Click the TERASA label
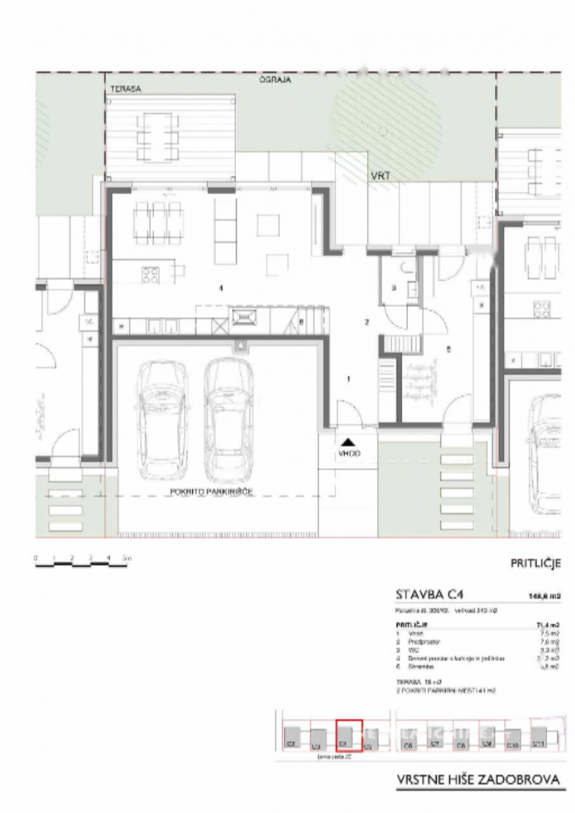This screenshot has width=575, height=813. (x=126, y=90)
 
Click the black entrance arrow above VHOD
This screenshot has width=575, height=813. (x=347, y=441)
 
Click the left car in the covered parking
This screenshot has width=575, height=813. (x=162, y=420)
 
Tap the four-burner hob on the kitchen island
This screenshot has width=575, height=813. (x=150, y=274)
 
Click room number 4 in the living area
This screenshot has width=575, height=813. (x=220, y=288)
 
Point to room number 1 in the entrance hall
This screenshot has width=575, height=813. (x=348, y=379)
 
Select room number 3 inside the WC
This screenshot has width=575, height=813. (x=393, y=288)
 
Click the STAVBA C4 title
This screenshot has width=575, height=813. (x=430, y=595)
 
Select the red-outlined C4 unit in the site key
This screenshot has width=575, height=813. (x=348, y=736)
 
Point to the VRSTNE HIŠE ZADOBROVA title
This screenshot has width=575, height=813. (x=480, y=779)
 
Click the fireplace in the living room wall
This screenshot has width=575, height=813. (x=243, y=316)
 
